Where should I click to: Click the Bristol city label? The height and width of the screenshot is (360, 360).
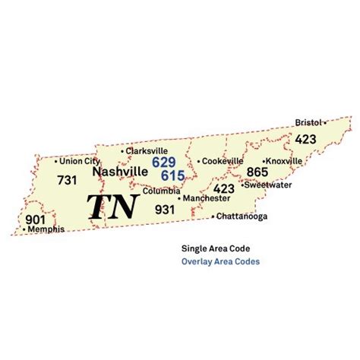click(x=308, y=122)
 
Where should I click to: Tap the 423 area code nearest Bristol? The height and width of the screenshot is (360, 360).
click(x=306, y=139)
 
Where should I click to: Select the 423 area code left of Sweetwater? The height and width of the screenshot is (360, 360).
click(x=223, y=188)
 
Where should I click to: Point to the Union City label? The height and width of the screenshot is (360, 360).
click(x=78, y=161)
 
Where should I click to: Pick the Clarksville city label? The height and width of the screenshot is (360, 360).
click(x=147, y=150)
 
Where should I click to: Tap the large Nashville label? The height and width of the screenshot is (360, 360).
click(x=119, y=172)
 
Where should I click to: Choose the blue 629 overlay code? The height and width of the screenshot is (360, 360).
click(x=164, y=162)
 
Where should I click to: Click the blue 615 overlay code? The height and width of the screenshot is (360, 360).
click(x=172, y=175)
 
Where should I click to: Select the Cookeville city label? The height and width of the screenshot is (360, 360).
click(x=223, y=161)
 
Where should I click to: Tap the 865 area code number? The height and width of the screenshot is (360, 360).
click(x=257, y=172)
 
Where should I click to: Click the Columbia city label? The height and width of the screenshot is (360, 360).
click(x=161, y=191)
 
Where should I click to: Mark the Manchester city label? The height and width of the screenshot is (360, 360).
click(x=206, y=198)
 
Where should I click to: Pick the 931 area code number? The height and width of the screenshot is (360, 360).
click(x=166, y=209)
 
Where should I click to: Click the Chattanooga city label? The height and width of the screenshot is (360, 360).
click(x=241, y=216)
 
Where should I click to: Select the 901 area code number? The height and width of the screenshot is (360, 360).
click(x=36, y=219)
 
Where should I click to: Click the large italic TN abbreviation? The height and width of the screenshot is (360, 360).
click(x=112, y=207)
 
